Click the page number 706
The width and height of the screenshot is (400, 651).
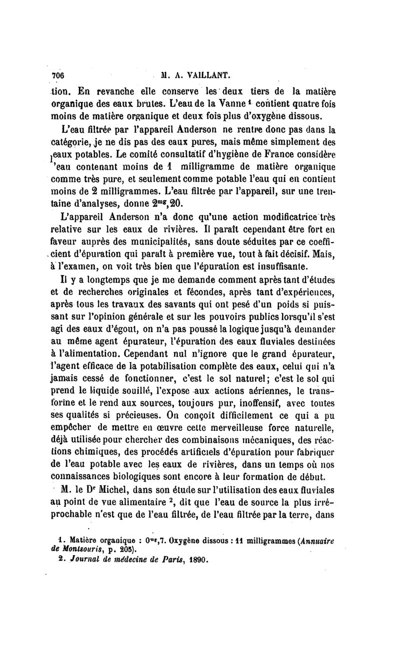[59, 75]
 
